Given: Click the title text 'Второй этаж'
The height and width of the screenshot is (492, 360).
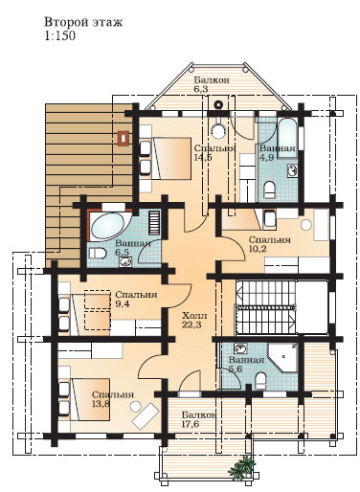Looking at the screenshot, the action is pos(83,22).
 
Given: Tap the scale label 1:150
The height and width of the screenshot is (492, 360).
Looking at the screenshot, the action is pos(60,35).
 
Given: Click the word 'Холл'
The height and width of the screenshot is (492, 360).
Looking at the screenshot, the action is pos(194,316).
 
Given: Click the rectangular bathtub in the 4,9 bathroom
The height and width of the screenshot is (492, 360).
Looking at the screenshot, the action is pos(288,139).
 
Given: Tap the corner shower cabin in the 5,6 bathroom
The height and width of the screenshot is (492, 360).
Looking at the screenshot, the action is pos(282,358).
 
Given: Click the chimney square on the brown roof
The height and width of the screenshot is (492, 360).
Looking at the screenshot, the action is pos(124,138).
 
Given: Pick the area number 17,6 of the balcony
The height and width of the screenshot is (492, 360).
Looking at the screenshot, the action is pos(191,424).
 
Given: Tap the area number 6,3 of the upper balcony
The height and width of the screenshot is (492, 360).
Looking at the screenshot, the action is pos(201,89).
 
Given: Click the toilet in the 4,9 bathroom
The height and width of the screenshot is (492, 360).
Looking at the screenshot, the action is pos(270,189).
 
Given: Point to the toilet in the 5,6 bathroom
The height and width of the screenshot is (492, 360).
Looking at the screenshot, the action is pos(260,380).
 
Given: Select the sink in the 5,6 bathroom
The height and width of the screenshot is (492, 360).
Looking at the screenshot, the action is pos(239,347).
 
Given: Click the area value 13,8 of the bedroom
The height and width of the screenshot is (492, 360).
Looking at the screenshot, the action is pos(101,404).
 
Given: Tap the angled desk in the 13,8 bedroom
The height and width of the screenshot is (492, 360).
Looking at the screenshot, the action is pos(146,415).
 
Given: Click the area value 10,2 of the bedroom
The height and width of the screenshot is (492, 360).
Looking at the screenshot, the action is pos(258,249).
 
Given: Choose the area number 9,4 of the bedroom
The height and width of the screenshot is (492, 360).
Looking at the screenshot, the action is pos(123,303).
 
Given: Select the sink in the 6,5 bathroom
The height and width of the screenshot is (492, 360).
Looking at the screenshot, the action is pos(125,262).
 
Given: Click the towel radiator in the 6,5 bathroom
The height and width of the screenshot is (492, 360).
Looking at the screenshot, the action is pos(155,221).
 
